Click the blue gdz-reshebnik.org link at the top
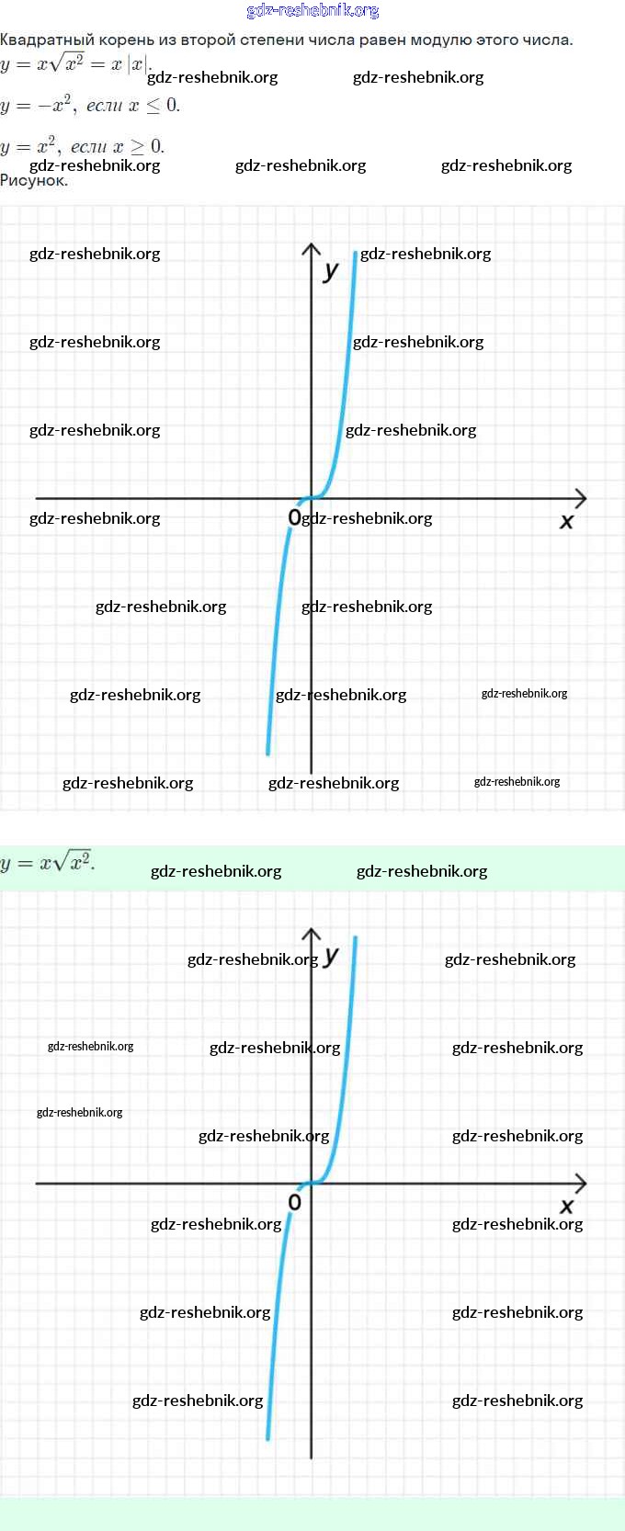point(312,10)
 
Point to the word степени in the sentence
point(271,40)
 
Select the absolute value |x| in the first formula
point(137,64)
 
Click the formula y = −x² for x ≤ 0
point(89,105)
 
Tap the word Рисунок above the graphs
point(34,180)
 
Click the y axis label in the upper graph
point(331,271)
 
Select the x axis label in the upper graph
point(566,521)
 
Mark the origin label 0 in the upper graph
point(295,517)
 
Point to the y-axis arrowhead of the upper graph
point(312,244)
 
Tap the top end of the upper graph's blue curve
point(356,254)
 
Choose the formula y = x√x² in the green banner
point(48,862)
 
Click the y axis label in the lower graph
point(331,955)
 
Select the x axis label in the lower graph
point(566,1207)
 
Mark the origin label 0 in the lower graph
point(295,1202)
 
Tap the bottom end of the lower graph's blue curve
point(267,1439)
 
